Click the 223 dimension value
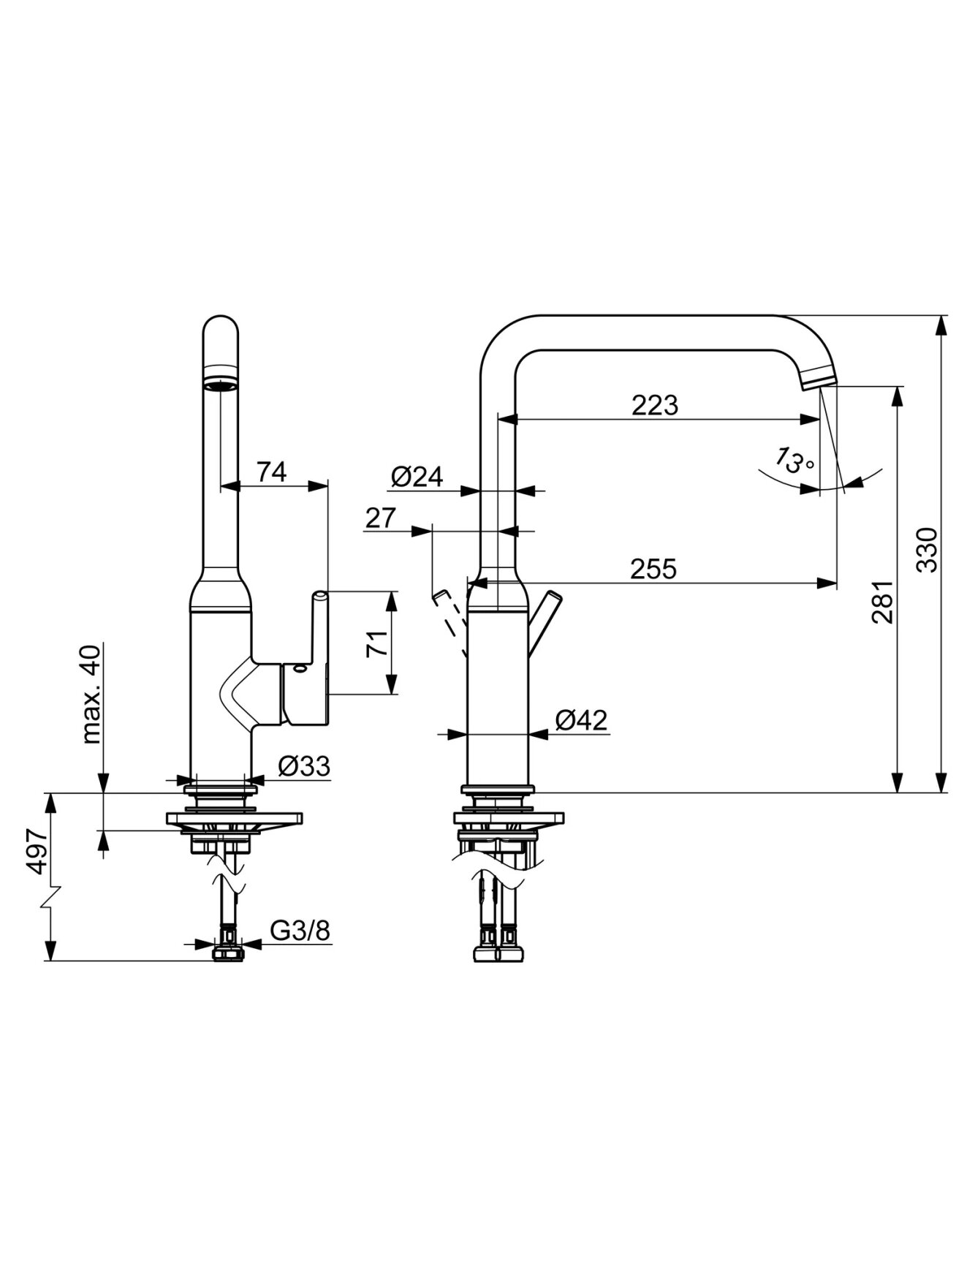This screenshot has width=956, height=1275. (655, 405)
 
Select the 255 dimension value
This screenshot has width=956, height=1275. (655, 568)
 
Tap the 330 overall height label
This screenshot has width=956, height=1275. (927, 549)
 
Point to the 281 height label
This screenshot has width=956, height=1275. (883, 602)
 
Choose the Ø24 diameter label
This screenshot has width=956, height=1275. (417, 477)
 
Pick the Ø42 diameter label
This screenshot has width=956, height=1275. (581, 720)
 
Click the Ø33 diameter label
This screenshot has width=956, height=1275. (304, 766)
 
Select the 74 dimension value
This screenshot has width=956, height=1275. (271, 472)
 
